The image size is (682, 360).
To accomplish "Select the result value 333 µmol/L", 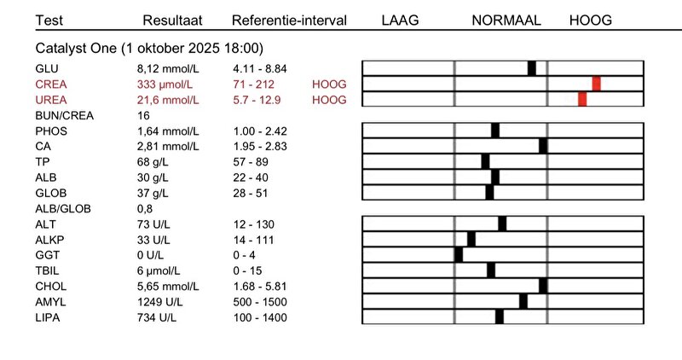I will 165,84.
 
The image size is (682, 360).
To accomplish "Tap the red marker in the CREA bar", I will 597,84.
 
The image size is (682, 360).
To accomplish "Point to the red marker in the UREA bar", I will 582,99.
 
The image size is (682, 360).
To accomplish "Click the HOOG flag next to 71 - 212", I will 330,84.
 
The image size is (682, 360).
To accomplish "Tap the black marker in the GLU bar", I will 532,68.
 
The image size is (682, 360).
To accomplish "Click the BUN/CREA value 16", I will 143,115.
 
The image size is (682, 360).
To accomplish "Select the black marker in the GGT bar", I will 459,255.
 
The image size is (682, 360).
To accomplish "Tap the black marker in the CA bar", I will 543,146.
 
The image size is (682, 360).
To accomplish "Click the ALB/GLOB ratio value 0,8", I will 144,208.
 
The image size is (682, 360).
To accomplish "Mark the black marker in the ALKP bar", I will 471,240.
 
